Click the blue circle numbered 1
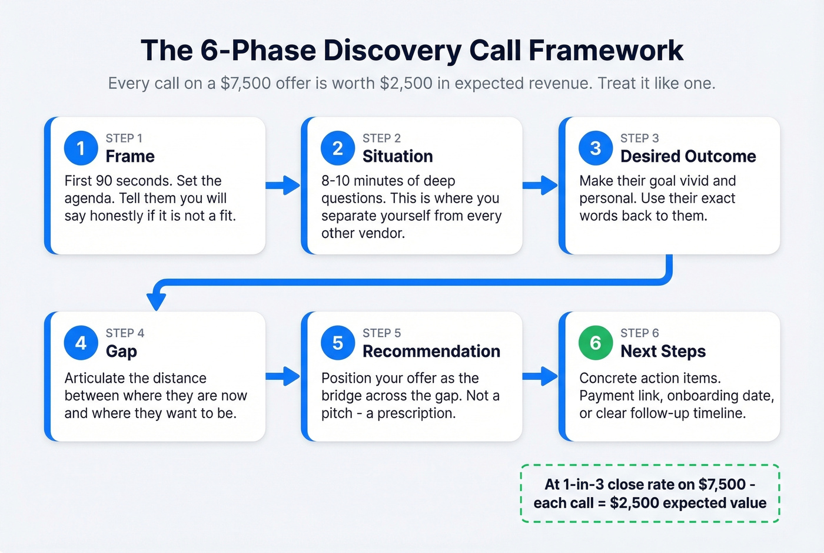coord(81,148)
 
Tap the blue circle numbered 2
coord(338,148)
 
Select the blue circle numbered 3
coord(596,148)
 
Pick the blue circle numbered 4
coord(81,343)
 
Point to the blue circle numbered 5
coord(338,343)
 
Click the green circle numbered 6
coord(596,343)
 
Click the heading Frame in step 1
coord(130,157)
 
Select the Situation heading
coord(397,157)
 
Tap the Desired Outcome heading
coord(687,157)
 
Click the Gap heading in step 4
coord(121,352)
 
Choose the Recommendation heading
coord(431,352)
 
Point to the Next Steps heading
coord(663,352)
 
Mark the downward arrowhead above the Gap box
coord(156,301)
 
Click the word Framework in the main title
coord(606,51)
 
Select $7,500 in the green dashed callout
coord(722,485)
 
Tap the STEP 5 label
coord(381,333)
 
